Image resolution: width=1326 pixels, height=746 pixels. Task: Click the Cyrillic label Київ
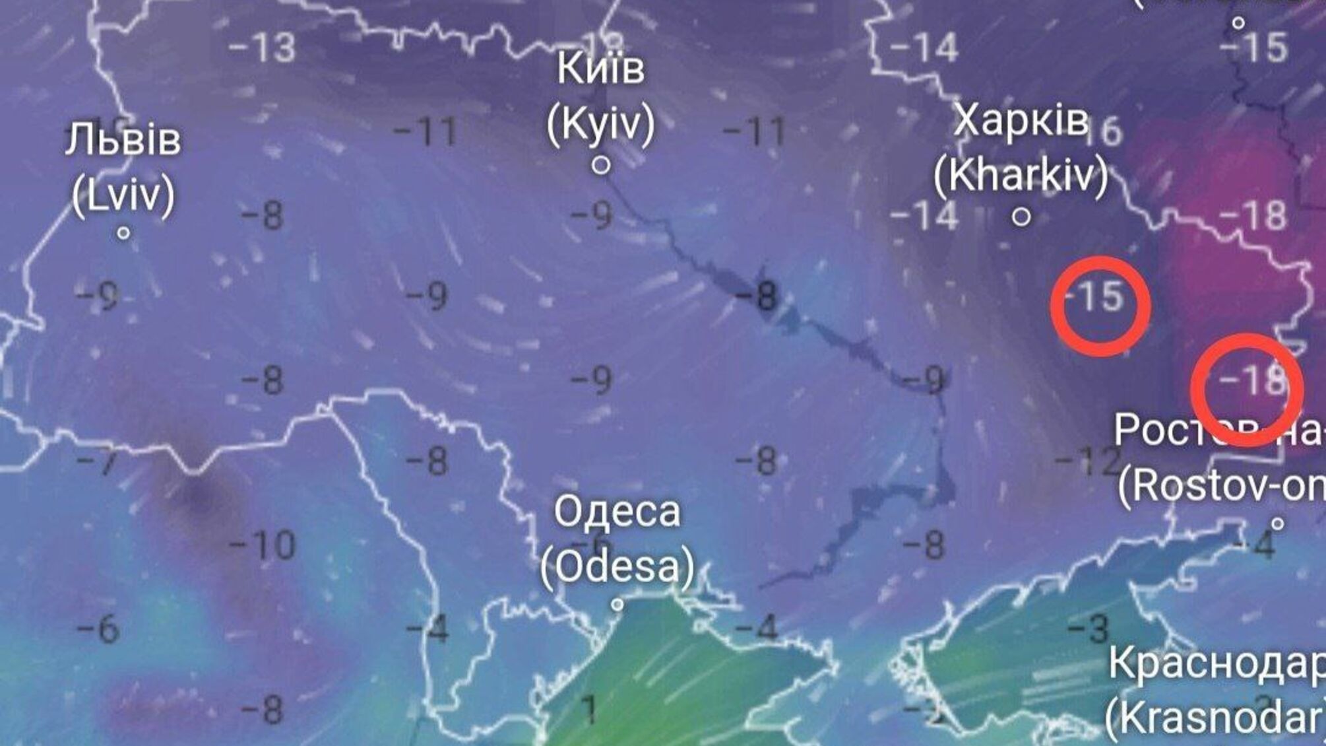click(600, 69)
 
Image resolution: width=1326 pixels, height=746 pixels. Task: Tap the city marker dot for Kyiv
click(600, 165)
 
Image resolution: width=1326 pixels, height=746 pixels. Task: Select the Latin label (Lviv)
click(123, 195)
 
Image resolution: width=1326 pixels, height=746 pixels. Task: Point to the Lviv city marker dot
click(123, 233)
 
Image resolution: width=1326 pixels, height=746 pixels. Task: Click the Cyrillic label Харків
click(1021, 121)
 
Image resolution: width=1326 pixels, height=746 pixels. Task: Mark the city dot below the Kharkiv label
click(1021, 217)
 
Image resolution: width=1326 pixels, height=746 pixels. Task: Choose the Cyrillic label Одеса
click(617, 512)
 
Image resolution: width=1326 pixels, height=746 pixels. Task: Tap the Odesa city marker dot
click(617, 605)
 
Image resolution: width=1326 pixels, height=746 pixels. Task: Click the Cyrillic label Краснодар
click(1217, 663)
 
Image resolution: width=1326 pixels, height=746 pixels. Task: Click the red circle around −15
click(1100, 306)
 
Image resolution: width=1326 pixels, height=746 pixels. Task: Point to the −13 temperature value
click(263, 48)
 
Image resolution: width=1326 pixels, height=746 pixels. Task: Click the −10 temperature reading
click(263, 545)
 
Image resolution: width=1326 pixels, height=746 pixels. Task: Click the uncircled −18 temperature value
click(1252, 215)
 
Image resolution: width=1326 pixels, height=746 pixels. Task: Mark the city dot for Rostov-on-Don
click(1277, 524)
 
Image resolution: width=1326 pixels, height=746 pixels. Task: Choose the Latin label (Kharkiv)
click(1021, 176)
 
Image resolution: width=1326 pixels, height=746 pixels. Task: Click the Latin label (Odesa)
click(617, 566)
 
